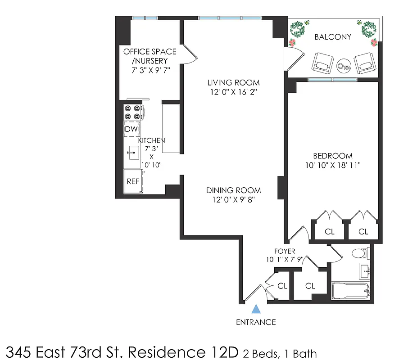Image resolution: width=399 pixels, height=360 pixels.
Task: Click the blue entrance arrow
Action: [256, 309]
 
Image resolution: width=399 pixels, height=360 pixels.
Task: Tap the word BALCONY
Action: [333, 37]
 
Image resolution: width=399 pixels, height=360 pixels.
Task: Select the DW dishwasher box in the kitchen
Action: [131, 130]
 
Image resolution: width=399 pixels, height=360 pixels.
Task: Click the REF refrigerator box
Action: [133, 181]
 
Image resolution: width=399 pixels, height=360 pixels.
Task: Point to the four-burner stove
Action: [133, 112]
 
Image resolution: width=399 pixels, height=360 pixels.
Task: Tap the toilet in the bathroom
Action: [361, 253]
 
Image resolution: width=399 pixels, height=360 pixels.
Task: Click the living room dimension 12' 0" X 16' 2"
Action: [233, 92]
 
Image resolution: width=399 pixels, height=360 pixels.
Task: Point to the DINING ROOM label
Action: [233, 190]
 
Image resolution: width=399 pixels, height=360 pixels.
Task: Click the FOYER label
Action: [285, 251]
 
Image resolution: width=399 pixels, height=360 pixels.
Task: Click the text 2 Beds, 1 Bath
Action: [281, 353]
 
